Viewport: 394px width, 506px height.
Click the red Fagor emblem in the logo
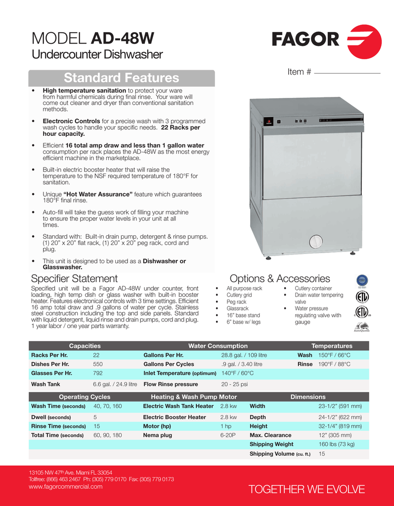click(x=365, y=42)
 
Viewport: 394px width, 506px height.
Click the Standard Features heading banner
click(x=122, y=78)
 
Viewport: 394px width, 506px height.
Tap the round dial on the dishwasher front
click(x=315, y=242)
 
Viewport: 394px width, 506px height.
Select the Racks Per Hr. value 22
click(x=96, y=355)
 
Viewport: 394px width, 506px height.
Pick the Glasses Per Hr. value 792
click(x=98, y=373)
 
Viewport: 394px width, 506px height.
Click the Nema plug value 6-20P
click(x=228, y=435)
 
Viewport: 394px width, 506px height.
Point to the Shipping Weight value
click(x=337, y=444)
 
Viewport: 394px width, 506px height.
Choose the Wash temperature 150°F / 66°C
click(x=334, y=355)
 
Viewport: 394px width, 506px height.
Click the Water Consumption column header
click(x=218, y=346)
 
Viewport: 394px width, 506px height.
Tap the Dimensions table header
click(x=308, y=397)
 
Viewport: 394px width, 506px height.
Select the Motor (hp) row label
click(x=157, y=426)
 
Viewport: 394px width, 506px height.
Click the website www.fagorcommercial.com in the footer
click(x=66, y=487)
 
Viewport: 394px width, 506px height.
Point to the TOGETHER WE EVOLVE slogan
click(x=306, y=489)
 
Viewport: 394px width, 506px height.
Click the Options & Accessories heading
click(x=280, y=279)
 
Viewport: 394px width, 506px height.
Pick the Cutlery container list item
click(x=313, y=289)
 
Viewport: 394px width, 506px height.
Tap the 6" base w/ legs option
click(x=243, y=322)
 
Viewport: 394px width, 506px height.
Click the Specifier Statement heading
click(x=74, y=279)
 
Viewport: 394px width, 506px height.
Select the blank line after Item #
click(x=347, y=73)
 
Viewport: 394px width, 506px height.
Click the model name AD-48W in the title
click(x=123, y=38)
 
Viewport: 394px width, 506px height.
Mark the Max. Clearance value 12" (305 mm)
click(x=335, y=435)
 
